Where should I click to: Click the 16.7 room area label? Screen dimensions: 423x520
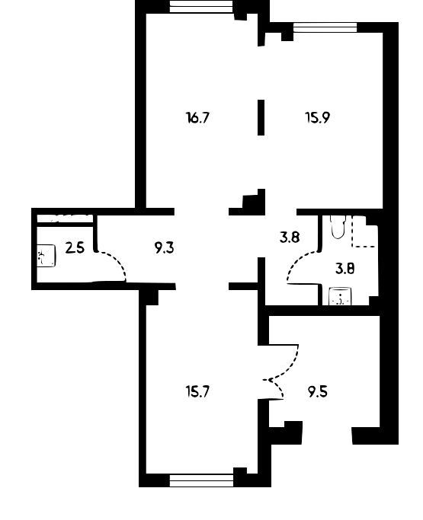[198, 118]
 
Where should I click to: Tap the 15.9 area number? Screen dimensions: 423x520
[317, 118]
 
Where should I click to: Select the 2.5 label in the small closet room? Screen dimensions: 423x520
[75, 247]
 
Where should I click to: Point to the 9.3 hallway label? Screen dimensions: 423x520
[165, 247]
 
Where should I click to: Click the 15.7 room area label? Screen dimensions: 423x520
[198, 392]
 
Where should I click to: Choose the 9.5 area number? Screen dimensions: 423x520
[318, 392]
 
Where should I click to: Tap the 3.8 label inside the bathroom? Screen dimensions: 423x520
[345, 268]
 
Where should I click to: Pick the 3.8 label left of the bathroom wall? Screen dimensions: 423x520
[290, 237]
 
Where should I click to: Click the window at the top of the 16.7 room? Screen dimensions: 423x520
[201, 6]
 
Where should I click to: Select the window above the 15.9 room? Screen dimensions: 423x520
[325, 27]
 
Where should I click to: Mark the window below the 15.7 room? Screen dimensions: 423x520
[201, 480]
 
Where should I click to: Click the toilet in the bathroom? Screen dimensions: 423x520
[338, 227]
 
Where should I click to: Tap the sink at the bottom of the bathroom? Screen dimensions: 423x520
[340, 296]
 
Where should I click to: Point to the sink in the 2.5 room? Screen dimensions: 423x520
[46, 255]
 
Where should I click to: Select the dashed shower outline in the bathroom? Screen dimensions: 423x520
[364, 231]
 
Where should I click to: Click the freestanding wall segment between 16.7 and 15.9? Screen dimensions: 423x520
[261, 117]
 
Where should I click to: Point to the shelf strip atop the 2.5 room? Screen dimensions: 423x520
[65, 219]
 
